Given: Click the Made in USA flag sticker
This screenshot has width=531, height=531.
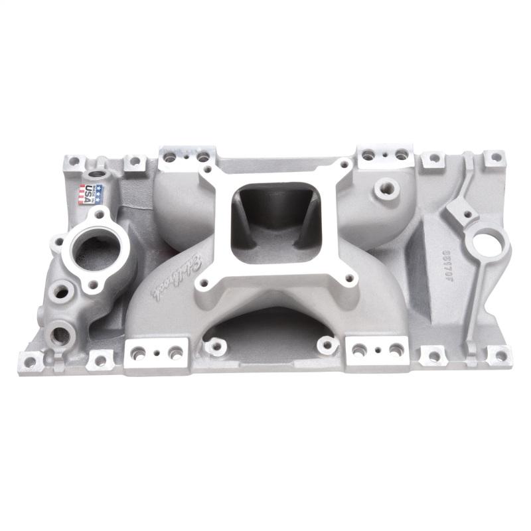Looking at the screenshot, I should (92, 194).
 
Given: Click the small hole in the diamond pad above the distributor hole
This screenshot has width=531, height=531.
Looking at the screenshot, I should (467, 214).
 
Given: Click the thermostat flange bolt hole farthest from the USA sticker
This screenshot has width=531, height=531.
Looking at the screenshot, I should (93, 285).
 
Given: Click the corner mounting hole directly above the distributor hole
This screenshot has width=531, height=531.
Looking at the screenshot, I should (493, 158).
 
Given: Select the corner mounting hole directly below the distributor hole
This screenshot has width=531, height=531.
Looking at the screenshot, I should (494, 355).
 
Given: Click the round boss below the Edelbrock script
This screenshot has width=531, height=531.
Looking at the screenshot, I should (214, 345).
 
